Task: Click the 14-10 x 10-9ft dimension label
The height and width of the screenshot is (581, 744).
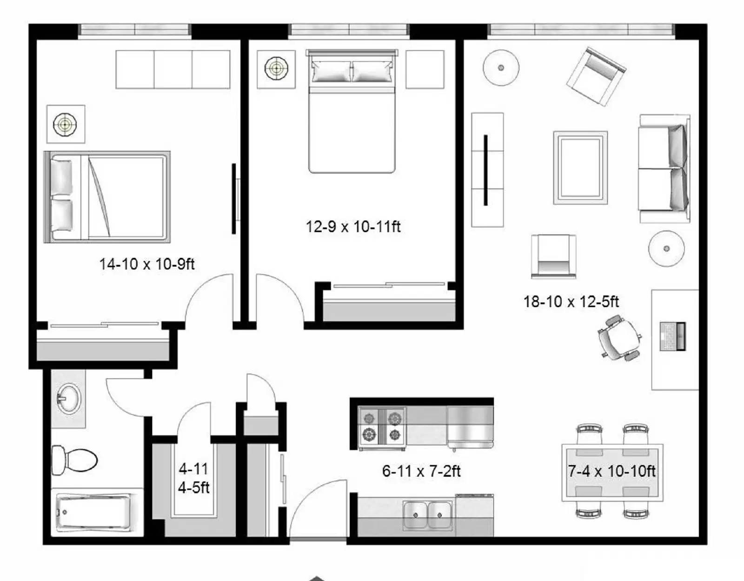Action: pos(146,264)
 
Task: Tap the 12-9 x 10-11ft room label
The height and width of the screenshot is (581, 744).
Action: pos(353,227)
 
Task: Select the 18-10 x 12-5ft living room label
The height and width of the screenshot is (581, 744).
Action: pos(571,302)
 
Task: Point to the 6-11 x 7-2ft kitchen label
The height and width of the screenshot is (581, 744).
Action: pos(421,471)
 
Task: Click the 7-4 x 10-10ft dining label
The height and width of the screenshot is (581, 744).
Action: pos(612,471)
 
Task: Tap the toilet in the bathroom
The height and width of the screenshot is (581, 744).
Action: pos(73,460)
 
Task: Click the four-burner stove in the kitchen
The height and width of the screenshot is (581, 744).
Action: pos(382,426)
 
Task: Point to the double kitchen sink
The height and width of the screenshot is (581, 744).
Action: pos(427,515)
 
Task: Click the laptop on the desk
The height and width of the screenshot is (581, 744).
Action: pos(673,336)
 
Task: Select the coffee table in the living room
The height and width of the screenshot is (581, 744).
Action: pos(580,168)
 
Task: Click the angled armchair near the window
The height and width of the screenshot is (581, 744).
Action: pos(596,76)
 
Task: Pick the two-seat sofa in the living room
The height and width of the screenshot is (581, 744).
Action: pos(664,169)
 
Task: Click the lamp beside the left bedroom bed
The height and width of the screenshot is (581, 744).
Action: pos(66,124)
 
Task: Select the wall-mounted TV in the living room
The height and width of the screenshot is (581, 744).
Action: pos(485,170)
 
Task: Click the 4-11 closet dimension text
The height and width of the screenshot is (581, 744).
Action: pos(193,468)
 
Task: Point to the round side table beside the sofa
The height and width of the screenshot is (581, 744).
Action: pos(666,249)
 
